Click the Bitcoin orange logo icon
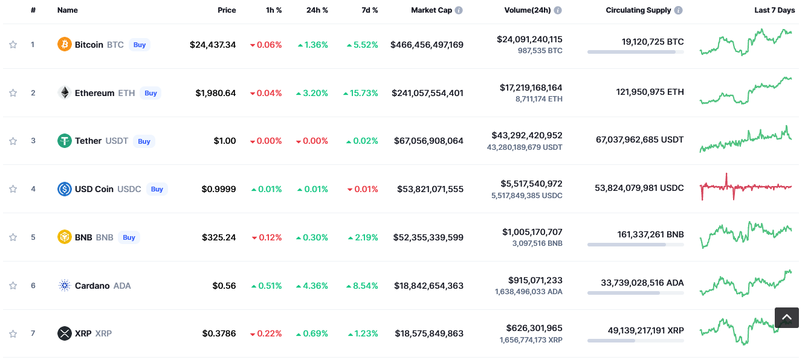[x=64, y=44]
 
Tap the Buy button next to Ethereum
[x=150, y=93]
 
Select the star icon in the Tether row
[x=13, y=141]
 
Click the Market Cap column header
[x=431, y=10]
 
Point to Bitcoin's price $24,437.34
[x=213, y=45]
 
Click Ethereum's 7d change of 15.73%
[x=361, y=93]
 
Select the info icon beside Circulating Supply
[x=679, y=10]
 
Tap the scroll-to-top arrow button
[x=786, y=317]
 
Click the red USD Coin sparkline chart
[x=746, y=187]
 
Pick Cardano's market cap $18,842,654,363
[x=428, y=286]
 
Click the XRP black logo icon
[x=64, y=333]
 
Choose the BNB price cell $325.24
[x=219, y=237]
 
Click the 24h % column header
[x=317, y=10]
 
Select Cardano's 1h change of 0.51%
[x=267, y=286]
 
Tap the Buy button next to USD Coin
[x=157, y=189]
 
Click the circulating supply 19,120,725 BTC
[x=653, y=42]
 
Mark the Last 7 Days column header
[x=774, y=10]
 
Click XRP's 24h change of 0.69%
[x=312, y=333]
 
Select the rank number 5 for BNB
[x=33, y=237]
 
